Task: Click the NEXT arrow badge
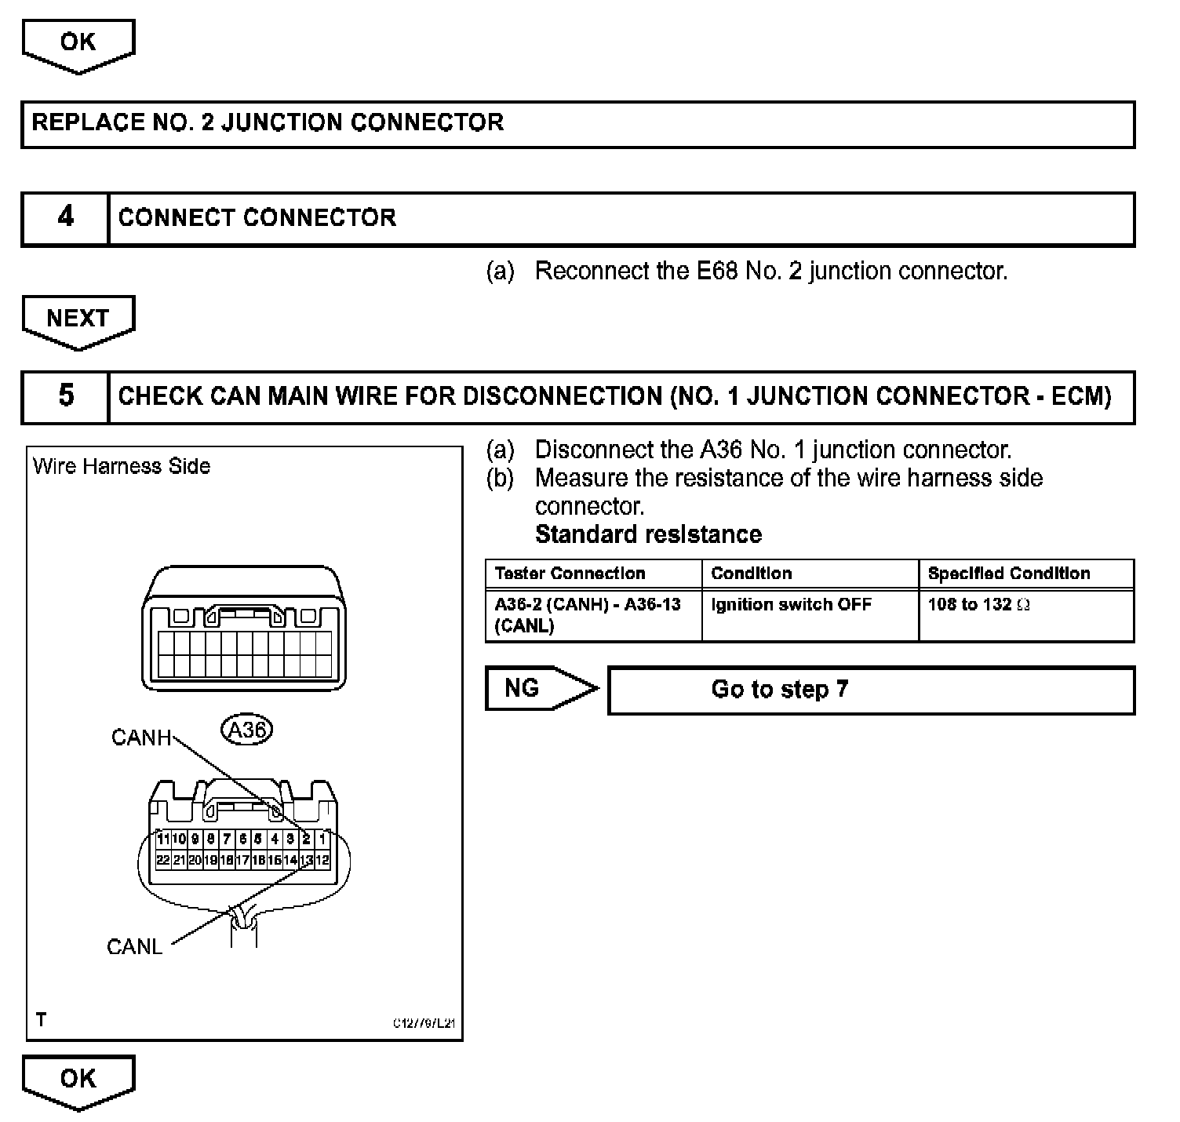point(78,320)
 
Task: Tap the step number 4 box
point(65,218)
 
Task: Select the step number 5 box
point(65,396)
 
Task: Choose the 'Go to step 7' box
point(871,690)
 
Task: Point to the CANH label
point(140,738)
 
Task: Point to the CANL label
point(134,947)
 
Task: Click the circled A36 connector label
point(246,730)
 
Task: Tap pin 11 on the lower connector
point(162,839)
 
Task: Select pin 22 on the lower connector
point(162,860)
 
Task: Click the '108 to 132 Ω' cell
point(978,605)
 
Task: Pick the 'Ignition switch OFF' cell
point(791,605)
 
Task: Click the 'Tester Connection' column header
point(570,574)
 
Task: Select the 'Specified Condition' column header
point(1009,574)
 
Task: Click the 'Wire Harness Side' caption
point(122,467)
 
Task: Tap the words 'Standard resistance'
point(648,535)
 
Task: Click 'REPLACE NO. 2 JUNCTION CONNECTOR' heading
point(268,123)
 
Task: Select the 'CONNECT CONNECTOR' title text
point(257,218)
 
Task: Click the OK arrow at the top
point(78,44)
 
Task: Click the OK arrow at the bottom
point(78,1080)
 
